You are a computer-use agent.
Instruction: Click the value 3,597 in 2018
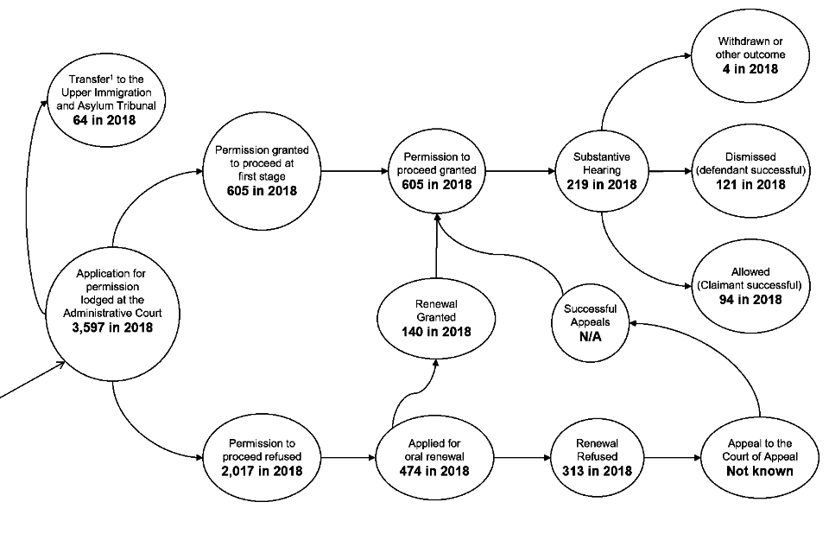pos(112,327)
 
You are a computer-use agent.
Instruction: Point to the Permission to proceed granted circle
pos(436,171)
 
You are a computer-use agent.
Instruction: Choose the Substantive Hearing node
pos(602,171)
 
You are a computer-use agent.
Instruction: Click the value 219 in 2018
pos(602,184)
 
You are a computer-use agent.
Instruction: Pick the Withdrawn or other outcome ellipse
pos(750,54)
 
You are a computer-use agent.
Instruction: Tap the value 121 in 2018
pos(750,184)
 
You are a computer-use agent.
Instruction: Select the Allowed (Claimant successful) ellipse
pos(750,285)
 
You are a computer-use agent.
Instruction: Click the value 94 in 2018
pos(750,299)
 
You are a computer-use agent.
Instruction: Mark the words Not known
pos(759,471)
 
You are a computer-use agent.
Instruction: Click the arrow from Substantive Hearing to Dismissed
pos(669,171)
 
